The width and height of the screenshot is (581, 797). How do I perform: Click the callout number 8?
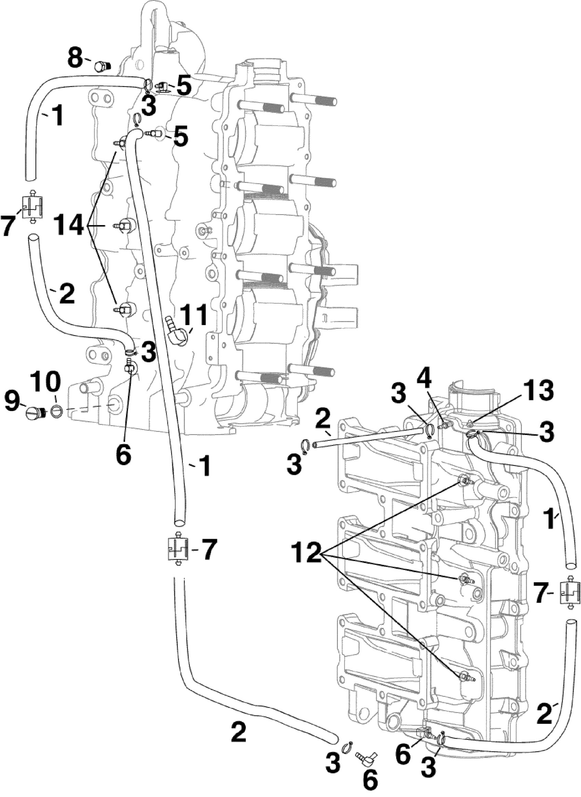(75, 58)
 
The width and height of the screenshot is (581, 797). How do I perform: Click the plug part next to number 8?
(102, 65)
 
